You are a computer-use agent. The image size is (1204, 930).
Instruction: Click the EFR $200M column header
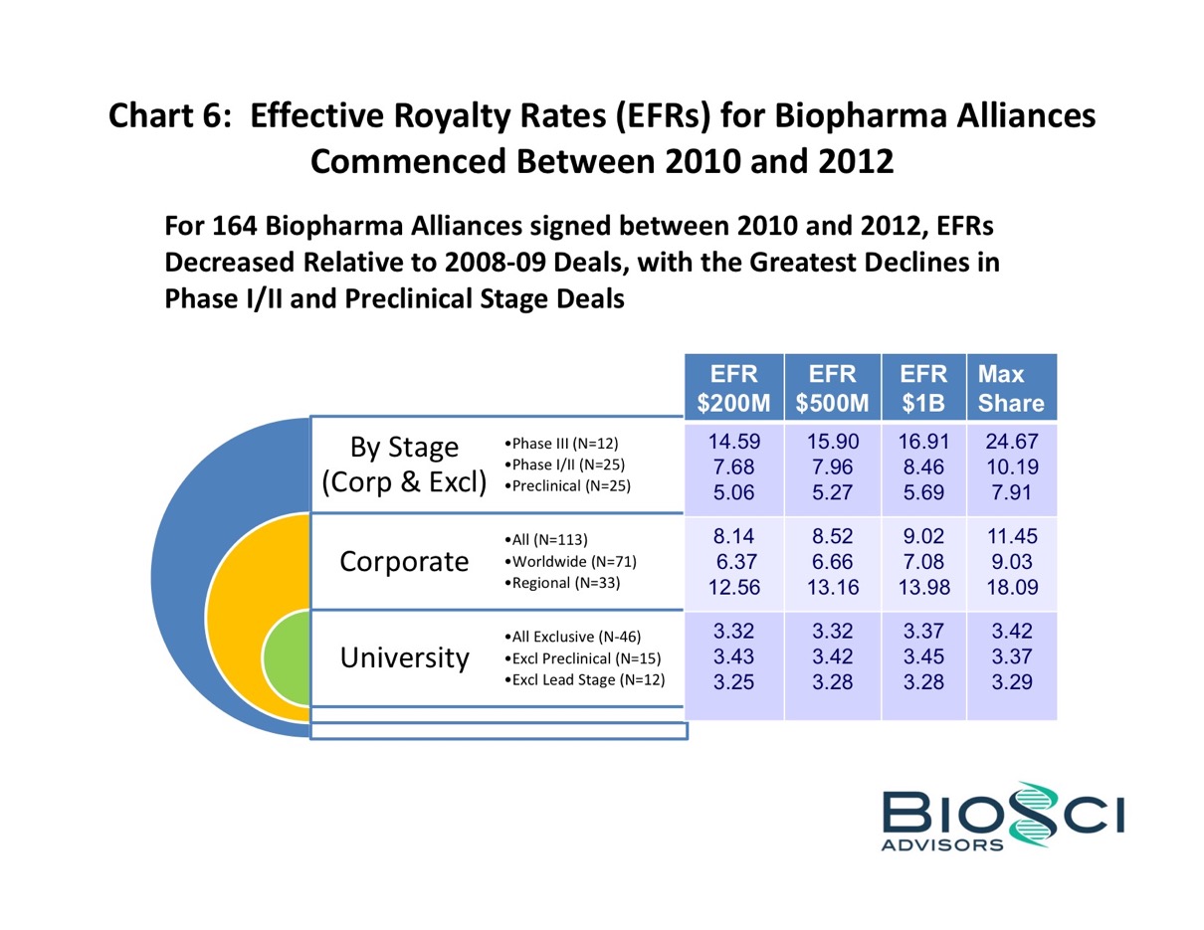coord(733,388)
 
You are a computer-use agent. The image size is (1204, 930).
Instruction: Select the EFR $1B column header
coord(922,388)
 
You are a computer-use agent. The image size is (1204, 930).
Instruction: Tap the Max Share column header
coord(1010,388)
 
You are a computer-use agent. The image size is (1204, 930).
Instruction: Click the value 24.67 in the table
coord(1010,442)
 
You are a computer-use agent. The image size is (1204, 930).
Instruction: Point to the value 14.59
coord(733,442)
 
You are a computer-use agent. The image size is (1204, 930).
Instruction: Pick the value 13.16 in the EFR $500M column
coord(832,587)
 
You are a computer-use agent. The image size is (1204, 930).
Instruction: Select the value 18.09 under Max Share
coord(1010,587)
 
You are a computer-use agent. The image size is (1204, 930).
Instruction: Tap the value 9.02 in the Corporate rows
coord(922,539)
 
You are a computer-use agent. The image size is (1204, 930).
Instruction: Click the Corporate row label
coord(404,562)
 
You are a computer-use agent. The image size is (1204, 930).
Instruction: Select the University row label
coord(404,657)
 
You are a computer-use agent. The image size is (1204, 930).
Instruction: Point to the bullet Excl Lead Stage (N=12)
coord(584,680)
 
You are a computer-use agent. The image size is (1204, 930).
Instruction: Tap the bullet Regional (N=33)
coord(562,584)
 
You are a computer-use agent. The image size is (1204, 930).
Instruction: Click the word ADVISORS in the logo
coord(943,845)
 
